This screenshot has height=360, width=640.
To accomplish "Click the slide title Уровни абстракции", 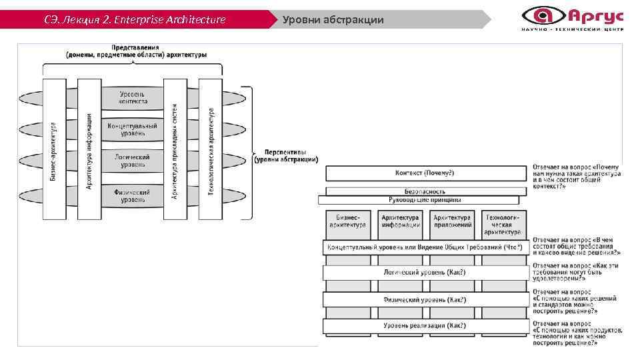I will coord(333,19).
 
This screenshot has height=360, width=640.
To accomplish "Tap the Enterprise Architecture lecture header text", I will coord(135,19).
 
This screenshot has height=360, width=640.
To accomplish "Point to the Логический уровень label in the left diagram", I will coord(132,161).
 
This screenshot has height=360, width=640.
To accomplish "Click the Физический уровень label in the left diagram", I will coord(131,195).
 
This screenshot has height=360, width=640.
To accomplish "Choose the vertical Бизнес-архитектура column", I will coord(53,149).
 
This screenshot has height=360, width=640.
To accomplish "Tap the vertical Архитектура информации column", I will coord(88,149).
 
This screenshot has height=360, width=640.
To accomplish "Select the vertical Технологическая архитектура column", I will coord(211,149).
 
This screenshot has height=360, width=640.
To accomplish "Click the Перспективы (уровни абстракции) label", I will coord(287,155).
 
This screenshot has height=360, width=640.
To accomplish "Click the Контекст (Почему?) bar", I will coord(425,173).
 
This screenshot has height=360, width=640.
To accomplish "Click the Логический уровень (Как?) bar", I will coord(425,272).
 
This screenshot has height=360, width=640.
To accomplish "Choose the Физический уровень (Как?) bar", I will coord(425,299).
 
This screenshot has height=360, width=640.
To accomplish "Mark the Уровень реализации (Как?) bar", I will coord(425,326).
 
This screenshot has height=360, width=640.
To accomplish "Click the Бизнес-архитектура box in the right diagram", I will coord(348,221).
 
